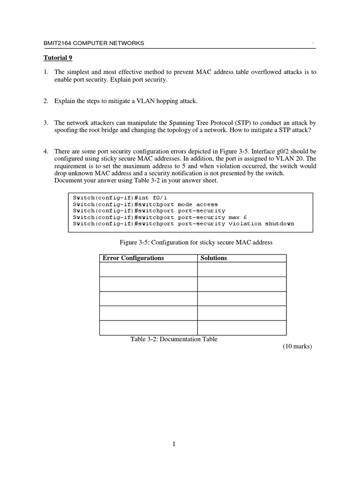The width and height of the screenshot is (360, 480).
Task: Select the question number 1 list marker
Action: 46,72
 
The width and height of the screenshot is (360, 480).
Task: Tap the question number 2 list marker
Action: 46,101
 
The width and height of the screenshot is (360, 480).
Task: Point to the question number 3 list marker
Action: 46,122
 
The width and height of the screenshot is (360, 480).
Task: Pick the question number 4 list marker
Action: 46,151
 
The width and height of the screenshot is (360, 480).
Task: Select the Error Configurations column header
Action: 133,258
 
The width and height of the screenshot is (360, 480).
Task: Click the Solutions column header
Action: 213,258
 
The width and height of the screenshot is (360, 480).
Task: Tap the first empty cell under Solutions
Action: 241,270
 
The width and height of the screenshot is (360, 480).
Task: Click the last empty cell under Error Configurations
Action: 148,328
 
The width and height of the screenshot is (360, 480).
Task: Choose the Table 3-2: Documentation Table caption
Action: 174,339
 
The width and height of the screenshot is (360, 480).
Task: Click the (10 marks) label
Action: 297,347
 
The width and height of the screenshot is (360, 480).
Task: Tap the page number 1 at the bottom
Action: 174,445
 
